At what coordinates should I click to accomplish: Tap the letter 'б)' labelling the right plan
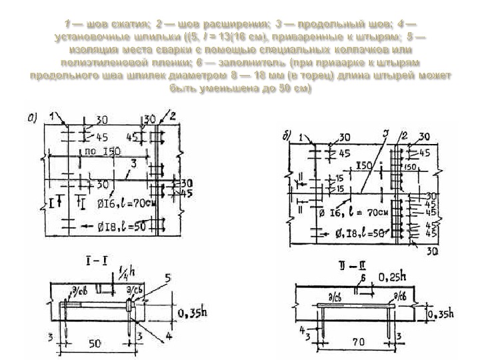coord(287,137)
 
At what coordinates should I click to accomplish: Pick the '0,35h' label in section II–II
coord(441,313)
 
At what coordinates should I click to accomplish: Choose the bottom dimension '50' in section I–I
coord(95,344)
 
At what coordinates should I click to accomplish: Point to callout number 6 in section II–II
coord(363,277)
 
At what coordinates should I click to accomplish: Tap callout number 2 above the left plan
coord(172,115)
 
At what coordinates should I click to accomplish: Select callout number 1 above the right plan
coord(301,139)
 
